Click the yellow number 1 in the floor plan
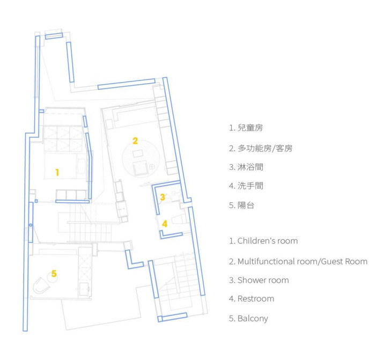[x=57, y=172]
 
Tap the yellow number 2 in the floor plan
[x=135, y=141]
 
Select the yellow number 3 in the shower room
[x=163, y=197]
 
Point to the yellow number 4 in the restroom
[x=165, y=224]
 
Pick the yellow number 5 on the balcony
[x=54, y=274]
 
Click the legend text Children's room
[x=268, y=241]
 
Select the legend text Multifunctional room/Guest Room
[x=303, y=261]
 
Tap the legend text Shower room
[x=263, y=280]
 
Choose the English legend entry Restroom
[x=256, y=299]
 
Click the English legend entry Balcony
[x=253, y=319]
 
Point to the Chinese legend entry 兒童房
[x=250, y=128]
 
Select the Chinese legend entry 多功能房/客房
[x=265, y=149]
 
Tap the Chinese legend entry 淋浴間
[x=250, y=167]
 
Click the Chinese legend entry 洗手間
[x=250, y=186]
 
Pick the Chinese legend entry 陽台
[x=246, y=205]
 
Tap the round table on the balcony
[x=52, y=277]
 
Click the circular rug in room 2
[x=141, y=158]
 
